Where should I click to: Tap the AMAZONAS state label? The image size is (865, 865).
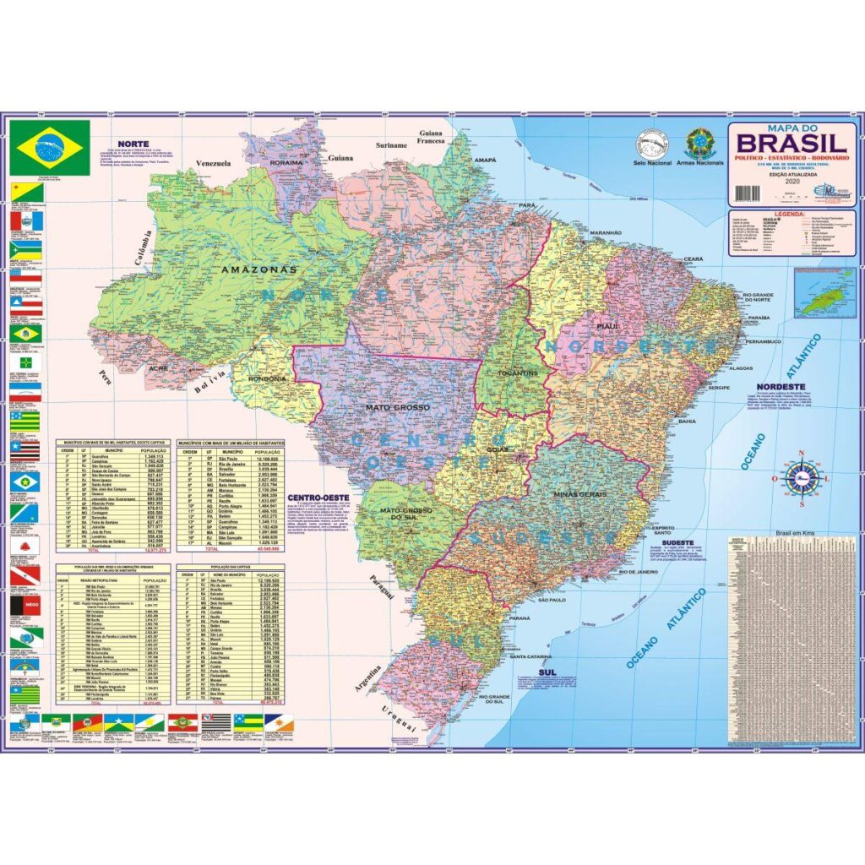[258, 269]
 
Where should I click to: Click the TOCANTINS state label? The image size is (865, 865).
[517, 373]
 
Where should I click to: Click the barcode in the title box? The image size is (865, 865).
[748, 193]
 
